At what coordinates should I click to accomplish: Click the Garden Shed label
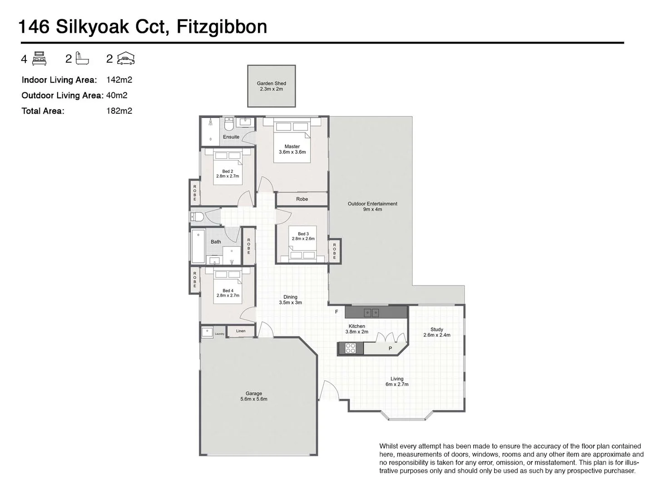tap(271, 86)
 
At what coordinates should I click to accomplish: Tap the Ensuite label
tap(231, 137)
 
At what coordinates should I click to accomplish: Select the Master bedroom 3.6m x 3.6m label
tap(292, 149)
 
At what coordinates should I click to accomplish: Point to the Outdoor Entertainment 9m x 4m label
tap(372, 206)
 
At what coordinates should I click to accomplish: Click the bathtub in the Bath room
tap(198, 247)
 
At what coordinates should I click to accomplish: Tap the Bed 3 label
tap(303, 236)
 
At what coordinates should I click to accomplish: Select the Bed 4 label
tap(228, 293)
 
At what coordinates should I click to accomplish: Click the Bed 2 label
tap(228, 174)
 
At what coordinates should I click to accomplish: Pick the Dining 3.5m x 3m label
tap(290, 300)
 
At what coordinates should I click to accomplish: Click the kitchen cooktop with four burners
tap(351, 348)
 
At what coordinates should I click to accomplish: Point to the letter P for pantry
tap(390, 349)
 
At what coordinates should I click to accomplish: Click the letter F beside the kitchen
tap(337, 312)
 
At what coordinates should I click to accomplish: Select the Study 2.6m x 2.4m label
tap(436, 332)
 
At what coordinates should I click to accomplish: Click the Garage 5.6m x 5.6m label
tap(253, 396)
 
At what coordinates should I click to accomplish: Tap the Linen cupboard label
tap(241, 331)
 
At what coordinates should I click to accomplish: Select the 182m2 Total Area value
tap(119, 110)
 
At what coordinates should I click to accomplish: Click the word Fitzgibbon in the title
tap(222, 27)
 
